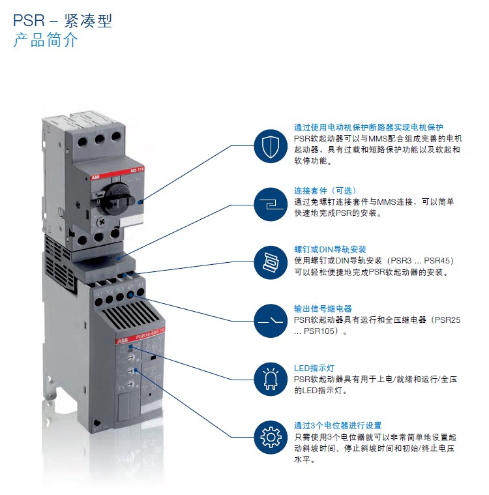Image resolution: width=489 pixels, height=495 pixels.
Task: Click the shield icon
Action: point(271,146)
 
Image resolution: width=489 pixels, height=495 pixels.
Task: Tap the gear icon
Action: point(271,437)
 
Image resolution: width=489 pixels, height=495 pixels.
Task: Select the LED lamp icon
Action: point(271,379)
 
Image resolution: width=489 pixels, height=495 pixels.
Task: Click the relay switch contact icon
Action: point(271,321)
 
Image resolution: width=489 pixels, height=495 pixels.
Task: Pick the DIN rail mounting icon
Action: point(271,262)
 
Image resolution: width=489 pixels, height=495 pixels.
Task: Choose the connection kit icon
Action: point(271,204)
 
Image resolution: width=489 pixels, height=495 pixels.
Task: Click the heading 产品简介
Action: point(46,40)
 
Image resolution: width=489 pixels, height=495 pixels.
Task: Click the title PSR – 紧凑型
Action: point(63,20)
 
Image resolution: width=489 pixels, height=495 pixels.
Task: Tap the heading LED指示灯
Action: point(314,368)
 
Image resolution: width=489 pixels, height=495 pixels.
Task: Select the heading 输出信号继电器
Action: point(323,308)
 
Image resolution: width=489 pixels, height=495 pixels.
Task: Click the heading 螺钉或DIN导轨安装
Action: point(330,249)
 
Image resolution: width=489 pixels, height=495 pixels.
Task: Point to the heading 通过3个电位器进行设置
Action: point(338,426)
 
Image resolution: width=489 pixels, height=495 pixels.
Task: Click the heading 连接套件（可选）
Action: point(325,190)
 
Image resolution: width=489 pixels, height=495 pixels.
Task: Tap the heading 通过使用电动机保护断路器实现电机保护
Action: point(368,127)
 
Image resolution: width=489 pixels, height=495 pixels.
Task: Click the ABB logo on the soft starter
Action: point(123,340)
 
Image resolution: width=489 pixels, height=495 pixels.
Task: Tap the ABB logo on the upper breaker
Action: point(95,177)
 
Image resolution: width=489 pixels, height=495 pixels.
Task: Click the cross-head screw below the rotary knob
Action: point(102,222)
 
